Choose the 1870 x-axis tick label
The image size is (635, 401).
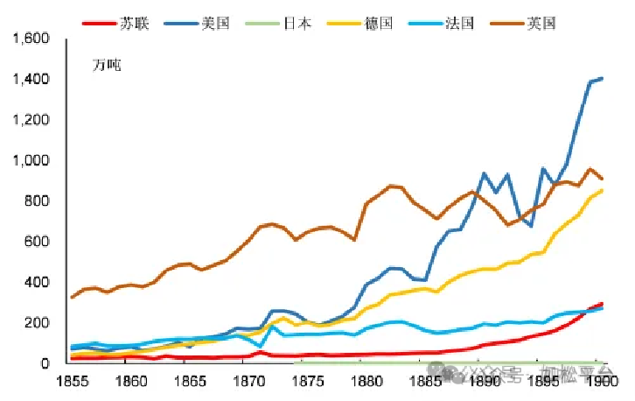pos(248,382)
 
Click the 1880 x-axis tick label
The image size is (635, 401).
pos(367,382)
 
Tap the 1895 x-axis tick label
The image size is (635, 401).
pos(544,382)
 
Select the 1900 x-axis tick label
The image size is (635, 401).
pos(602,382)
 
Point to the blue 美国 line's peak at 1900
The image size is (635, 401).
pos(602,79)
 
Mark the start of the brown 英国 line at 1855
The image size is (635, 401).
pos(72,298)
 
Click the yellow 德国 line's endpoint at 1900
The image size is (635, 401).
pos(602,190)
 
